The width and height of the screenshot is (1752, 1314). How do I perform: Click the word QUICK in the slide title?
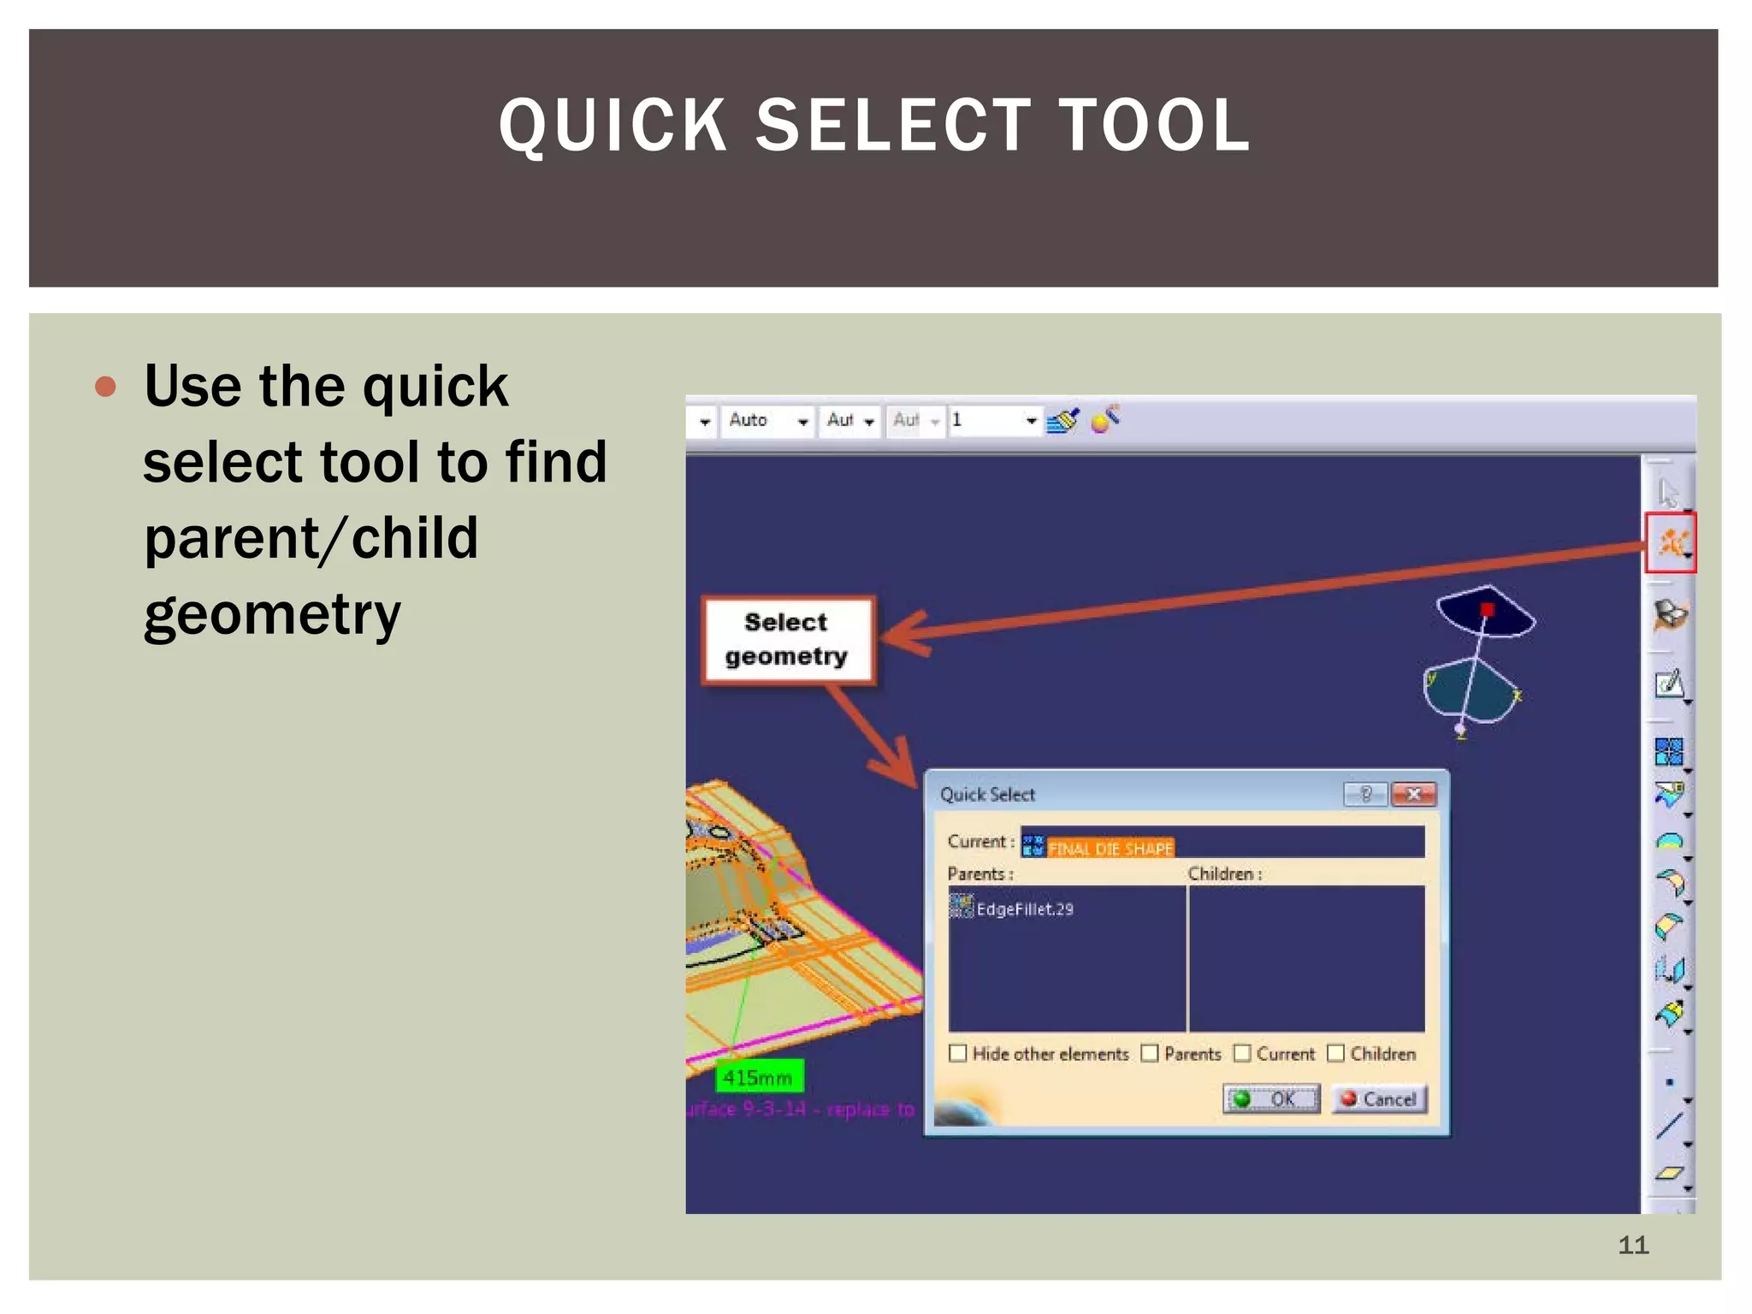point(613,127)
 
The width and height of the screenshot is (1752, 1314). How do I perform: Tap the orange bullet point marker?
point(105,387)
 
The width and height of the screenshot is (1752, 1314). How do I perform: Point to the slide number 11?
point(1632,1245)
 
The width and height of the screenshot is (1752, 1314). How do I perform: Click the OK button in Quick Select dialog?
point(1271,1098)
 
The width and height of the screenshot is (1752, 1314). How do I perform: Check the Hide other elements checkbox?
point(958,1053)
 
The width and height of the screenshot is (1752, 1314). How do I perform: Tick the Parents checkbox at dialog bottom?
point(1150,1053)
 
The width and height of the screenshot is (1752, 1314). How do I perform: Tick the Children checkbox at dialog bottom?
point(1335,1053)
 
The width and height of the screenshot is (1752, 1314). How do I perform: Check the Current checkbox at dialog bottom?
point(1242,1053)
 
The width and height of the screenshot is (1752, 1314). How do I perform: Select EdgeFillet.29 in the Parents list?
point(1023,909)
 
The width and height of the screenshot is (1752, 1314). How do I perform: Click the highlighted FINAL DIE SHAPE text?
point(1110,848)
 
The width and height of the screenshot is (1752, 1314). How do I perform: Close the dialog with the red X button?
point(1413,795)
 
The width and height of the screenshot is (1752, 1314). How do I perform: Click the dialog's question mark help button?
point(1365,795)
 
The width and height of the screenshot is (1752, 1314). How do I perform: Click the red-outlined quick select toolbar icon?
point(1670,542)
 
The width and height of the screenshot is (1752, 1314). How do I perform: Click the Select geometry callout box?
point(787,640)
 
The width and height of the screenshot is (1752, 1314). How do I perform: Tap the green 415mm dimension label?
point(758,1077)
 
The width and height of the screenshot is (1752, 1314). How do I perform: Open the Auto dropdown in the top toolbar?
point(802,421)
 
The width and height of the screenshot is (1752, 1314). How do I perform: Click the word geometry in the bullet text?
point(272,614)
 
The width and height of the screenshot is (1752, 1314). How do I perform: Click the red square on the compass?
point(1487,609)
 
